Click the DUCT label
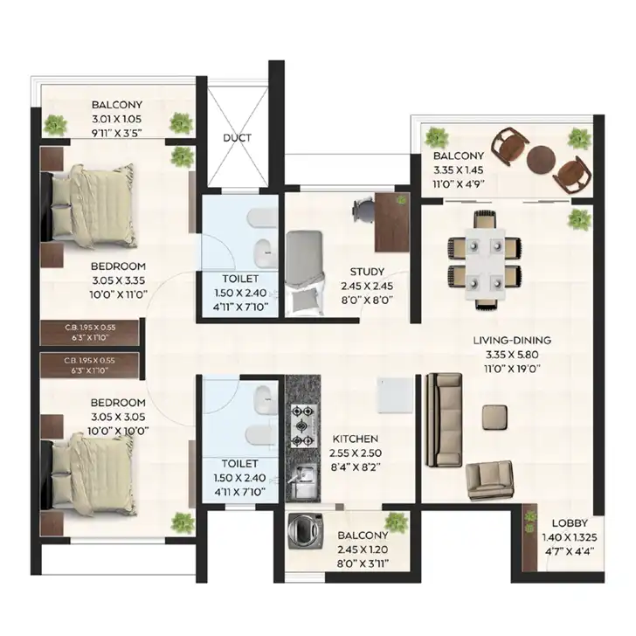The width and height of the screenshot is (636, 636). pos(237,138)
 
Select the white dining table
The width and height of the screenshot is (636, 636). pos(485,265)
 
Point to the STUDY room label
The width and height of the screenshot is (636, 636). pos(367,272)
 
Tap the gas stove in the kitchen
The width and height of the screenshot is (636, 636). pos(302,426)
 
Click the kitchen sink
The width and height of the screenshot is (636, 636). pos(302,480)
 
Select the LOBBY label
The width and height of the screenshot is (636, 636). pos(570,522)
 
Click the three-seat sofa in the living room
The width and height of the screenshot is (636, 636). pos(444,420)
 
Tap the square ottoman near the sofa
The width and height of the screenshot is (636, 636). pos(494,417)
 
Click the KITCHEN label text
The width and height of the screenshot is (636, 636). pos(356,439)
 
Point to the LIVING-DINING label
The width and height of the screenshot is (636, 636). pos(512,340)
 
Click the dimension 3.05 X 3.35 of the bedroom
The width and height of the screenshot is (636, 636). pos(119,280)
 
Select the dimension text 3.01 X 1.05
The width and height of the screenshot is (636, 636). pos(116,119)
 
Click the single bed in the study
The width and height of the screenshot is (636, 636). pos(305,273)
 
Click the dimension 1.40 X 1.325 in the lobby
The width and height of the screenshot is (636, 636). pos(570,537)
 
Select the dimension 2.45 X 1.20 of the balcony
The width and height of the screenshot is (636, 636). pos(363,550)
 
